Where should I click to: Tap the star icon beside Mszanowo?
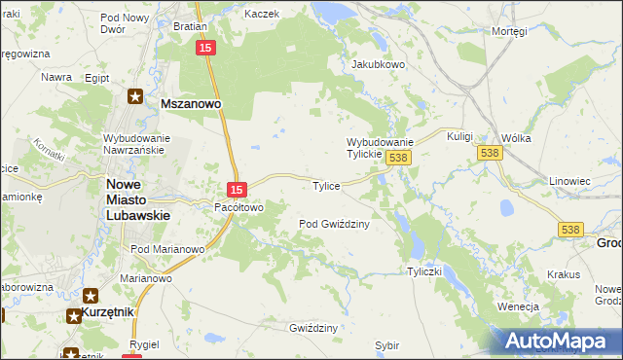point(136,97)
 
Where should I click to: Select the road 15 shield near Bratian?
point(204,48)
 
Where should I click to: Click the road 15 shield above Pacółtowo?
point(236,188)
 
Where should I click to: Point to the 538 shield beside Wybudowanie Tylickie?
point(397,157)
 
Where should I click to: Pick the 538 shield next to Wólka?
point(490,153)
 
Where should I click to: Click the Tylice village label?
point(325,186)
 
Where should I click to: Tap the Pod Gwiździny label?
point(334,224)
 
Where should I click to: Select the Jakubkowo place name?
point(378,65)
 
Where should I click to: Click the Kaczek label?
point(262,15)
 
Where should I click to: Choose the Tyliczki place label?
point(426,271)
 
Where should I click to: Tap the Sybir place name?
point(386,344)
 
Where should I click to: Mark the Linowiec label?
point(569,181)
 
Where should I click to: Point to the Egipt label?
point(96,77)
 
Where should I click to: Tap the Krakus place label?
point(564,275)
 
